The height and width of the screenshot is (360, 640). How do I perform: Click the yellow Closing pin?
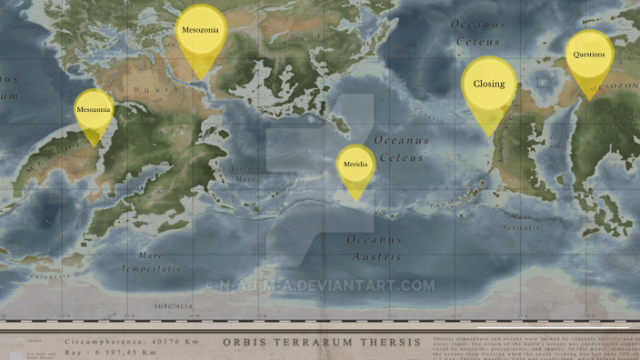pos(489,84)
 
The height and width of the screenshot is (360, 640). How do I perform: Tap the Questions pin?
pos(589,55)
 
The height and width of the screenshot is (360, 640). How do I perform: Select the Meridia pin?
pos(355,164)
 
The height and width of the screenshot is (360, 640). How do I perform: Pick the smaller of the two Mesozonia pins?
pos(94,110)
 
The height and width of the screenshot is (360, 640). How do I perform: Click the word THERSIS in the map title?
pos(386,342)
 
